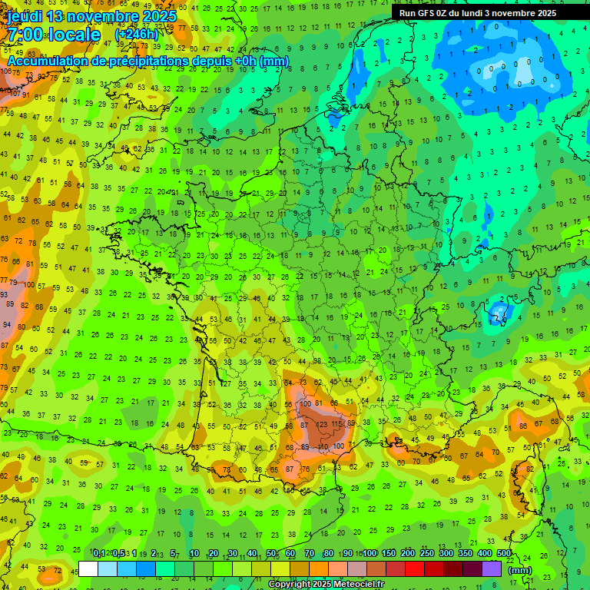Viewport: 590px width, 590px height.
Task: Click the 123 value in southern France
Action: click(322, 424)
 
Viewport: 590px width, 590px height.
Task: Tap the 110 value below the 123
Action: click(323, 446)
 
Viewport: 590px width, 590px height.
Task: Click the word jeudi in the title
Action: click(24, 16)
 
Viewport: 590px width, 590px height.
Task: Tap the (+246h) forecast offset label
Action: click(136, 35)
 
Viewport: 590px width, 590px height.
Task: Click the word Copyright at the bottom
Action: click(290, 584)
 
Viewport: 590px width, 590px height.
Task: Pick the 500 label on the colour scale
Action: click(504, 553)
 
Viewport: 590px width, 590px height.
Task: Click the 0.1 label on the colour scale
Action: click(99, 553)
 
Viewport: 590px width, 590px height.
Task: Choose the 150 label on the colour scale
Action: click(389, 553)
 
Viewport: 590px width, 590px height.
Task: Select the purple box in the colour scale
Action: click(492, 568)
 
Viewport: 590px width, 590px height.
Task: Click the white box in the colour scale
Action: click(88, 568)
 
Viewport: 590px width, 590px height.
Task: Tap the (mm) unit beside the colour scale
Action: click(520, 570)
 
